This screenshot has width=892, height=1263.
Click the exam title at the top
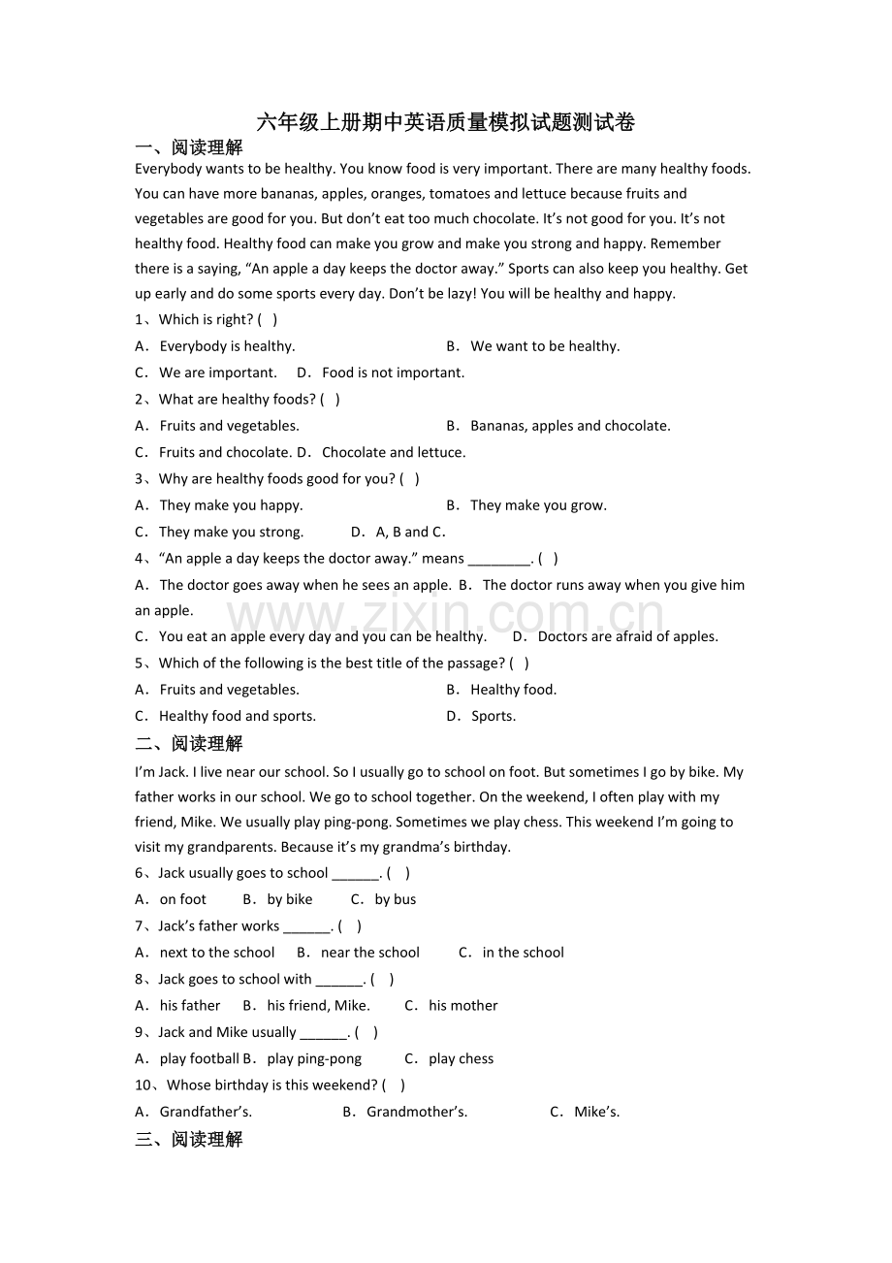pyautogui.click(x=446, y=122)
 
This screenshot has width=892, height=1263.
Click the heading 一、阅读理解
pyautogui.click(x=189, y=147)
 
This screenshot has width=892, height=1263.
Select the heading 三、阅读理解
pyautogui.click(x=189, y=1140)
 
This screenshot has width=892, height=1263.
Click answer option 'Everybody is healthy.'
pyautogui.click(x=227, y=346)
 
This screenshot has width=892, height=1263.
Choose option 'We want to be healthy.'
pyautogui.click(x=545, y=346)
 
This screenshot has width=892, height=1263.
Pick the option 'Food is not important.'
pyautogui.click(x=393, y=372)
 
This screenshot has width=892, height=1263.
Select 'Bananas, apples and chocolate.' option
pyautogui.click(x=570, y=426)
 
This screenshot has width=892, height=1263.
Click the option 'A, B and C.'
pyautogui.click(x=410, y=532)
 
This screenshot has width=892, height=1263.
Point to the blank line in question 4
pyautogui.click(x=499, y=560)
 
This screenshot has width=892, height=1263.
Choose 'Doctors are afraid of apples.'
pyautogui.click(x=627, y=637)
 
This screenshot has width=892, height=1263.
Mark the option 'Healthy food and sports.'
pyautogui.click(x=238, y=716)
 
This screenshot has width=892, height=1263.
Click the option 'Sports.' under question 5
pyautogui.click(x=494, y=716)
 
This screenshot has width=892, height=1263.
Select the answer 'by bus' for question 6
pyautogui.click(x=396, y=899)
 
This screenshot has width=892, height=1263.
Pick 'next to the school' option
pyautogui.click(x=217, y=953)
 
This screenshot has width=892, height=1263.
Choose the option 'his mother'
pyautogui.click(x=463, y=1006)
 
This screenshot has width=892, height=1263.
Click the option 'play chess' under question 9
pyautogui.click(x=462, y=1059)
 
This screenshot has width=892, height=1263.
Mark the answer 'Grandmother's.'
pyautogui.click(x=417, y=1112)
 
